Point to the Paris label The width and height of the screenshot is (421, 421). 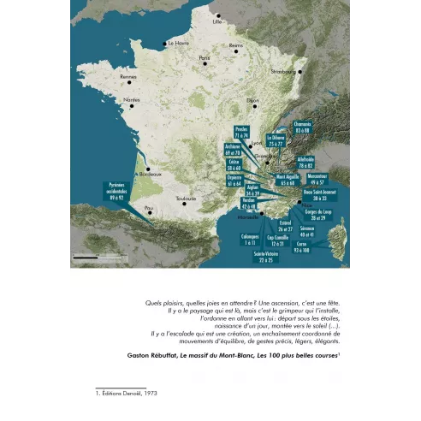point(205,58)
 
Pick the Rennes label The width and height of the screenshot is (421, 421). point(129,77)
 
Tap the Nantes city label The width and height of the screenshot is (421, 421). point(131,100)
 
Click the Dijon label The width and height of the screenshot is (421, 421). point(252,100)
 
